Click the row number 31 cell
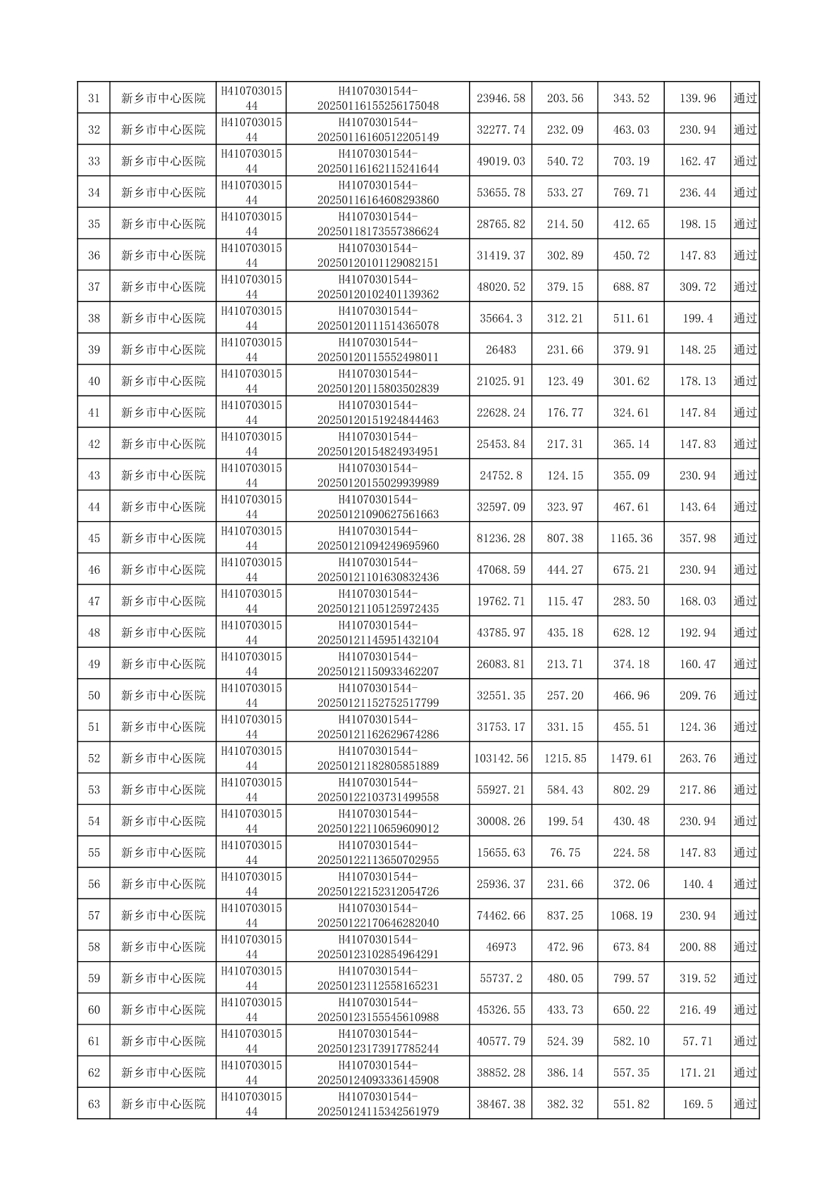94,99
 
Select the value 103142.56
501,758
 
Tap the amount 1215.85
565,758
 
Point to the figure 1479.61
631,758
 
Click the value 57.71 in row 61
697,1041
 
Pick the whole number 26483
501,350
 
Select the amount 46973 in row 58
501,947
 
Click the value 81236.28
501,539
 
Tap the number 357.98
697,539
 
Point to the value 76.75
565,853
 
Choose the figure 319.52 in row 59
697,979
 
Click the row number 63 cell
94,1104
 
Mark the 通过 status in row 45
745,539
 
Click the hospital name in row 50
163,696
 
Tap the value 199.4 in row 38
697,318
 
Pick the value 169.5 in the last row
697,1104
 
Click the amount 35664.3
501,318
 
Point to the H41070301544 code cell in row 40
251,381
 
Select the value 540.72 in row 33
565,161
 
